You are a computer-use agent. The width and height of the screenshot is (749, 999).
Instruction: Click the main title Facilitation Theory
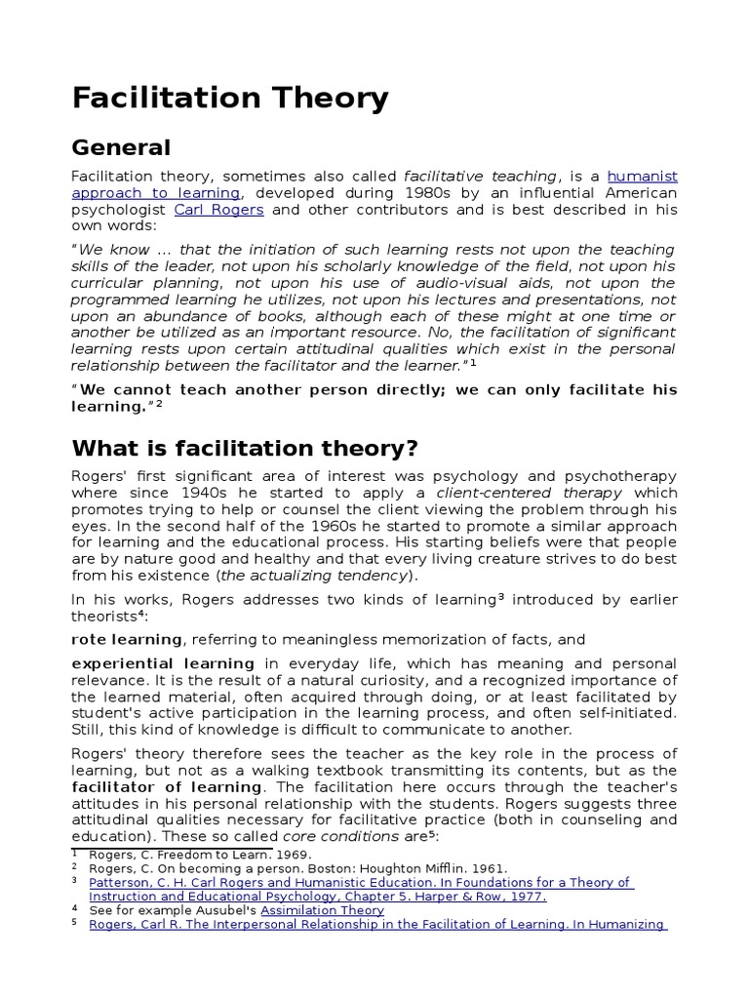pos(229,99)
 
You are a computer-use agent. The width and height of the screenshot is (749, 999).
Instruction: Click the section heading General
pos(121,148)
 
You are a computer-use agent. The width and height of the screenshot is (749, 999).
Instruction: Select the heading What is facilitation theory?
pos(245,449)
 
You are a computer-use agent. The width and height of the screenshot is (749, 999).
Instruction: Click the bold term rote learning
pos(127,640)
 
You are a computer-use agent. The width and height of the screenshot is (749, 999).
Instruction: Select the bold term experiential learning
pos(163,664)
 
